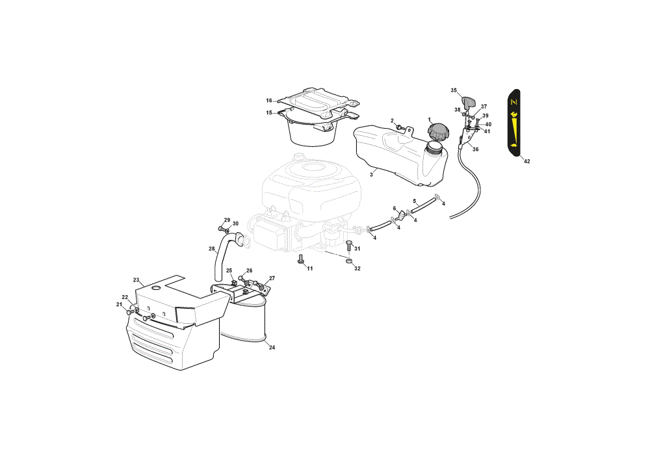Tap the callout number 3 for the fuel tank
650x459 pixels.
pos(371,174)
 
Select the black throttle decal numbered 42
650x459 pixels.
pos(513,123)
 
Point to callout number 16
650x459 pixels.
pos(269,100)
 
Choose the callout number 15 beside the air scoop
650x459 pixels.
pos(269,112)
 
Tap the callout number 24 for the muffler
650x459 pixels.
pos(272,347)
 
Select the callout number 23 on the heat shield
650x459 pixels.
pos(136,280)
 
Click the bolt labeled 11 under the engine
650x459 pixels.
pos(301,259)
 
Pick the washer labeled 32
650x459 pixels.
pos(349,261)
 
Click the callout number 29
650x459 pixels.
pos(227,220)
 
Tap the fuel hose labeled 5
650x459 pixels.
pos(423,205)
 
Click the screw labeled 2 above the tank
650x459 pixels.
pos(400,127)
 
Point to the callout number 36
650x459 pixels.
pos(476,150)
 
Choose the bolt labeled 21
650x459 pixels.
pos(131,311)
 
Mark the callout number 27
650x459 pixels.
pos(272,278)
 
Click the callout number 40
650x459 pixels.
pos(488,124)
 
